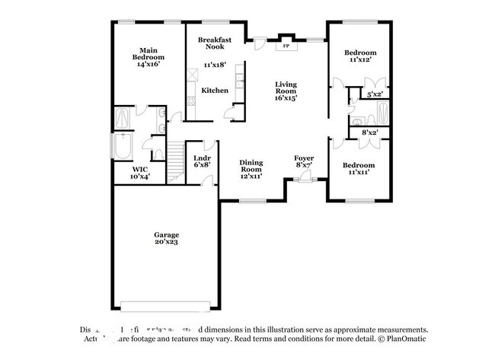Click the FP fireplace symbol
coord(286,46)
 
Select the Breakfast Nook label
coord(215,43)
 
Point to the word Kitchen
coord(215,91)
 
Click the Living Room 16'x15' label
coord(286,91)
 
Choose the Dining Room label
coord(251,168)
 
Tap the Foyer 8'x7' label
coord(305,162)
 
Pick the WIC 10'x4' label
coord(139,173)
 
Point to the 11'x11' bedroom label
coord(358,169)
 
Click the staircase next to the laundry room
coord(177,158)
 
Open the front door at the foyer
coord(305,180)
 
